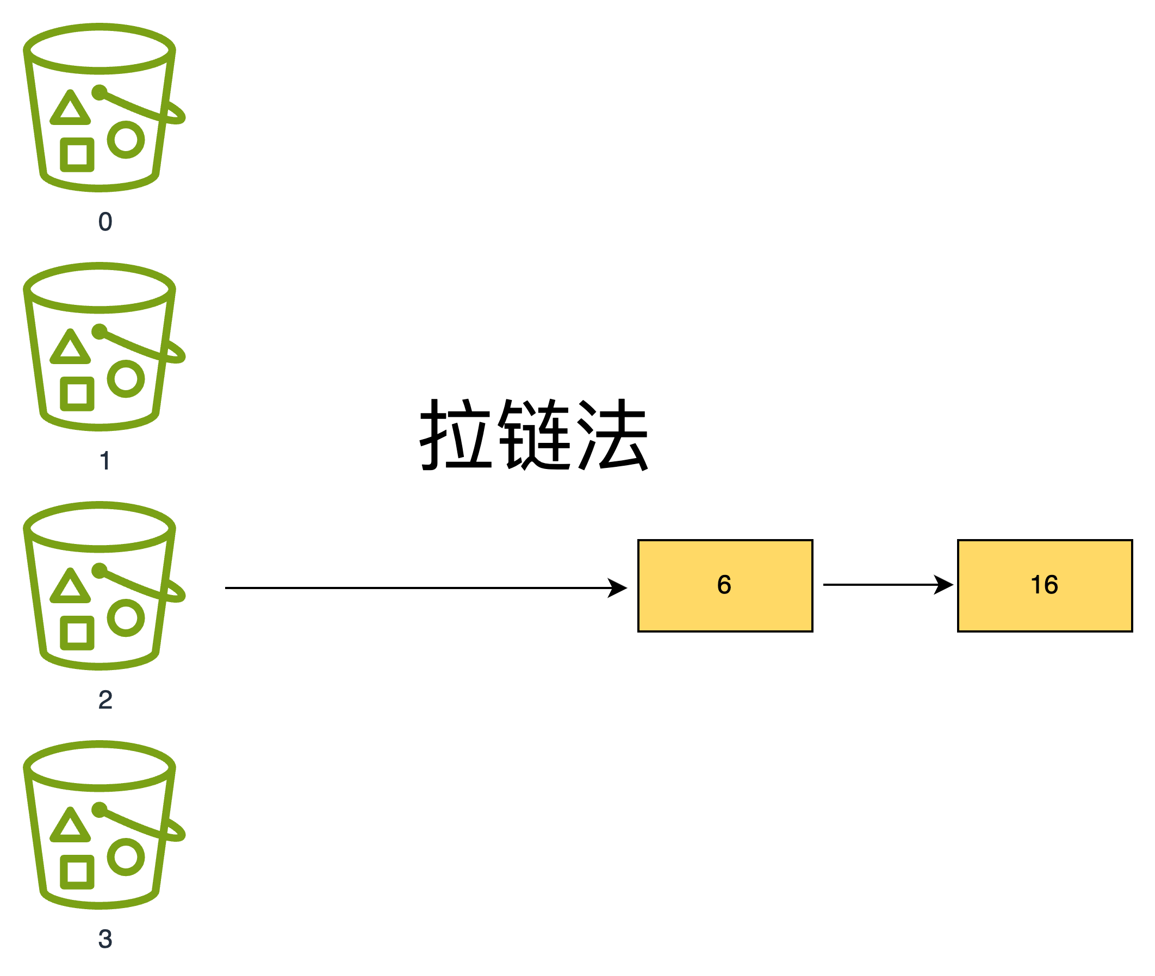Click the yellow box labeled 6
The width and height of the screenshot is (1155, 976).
coord(725,585)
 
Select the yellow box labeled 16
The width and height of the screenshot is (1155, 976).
coord(1045,585)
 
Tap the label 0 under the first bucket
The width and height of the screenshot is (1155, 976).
coord(105,222)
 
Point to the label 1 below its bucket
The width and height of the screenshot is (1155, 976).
coord(105,461)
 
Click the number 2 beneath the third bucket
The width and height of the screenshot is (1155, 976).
coord(105,700)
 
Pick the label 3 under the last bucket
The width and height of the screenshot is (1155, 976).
coord(105,939)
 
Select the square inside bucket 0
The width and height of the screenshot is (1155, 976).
coord(77,155)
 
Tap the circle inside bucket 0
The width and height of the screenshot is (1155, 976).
coord(126,140)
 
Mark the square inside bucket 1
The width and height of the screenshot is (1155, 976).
coord(77,394)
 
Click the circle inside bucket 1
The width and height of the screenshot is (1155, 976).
coord(126,378)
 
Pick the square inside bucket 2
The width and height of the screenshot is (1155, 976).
coord(77,633)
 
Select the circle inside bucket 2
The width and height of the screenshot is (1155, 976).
coord(126,617)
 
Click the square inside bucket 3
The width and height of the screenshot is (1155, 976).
coord(77,872)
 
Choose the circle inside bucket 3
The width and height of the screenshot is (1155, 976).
coord(126,856)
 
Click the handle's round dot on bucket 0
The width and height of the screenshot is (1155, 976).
coord(99,92)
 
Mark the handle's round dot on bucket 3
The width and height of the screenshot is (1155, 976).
coord(99,810)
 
